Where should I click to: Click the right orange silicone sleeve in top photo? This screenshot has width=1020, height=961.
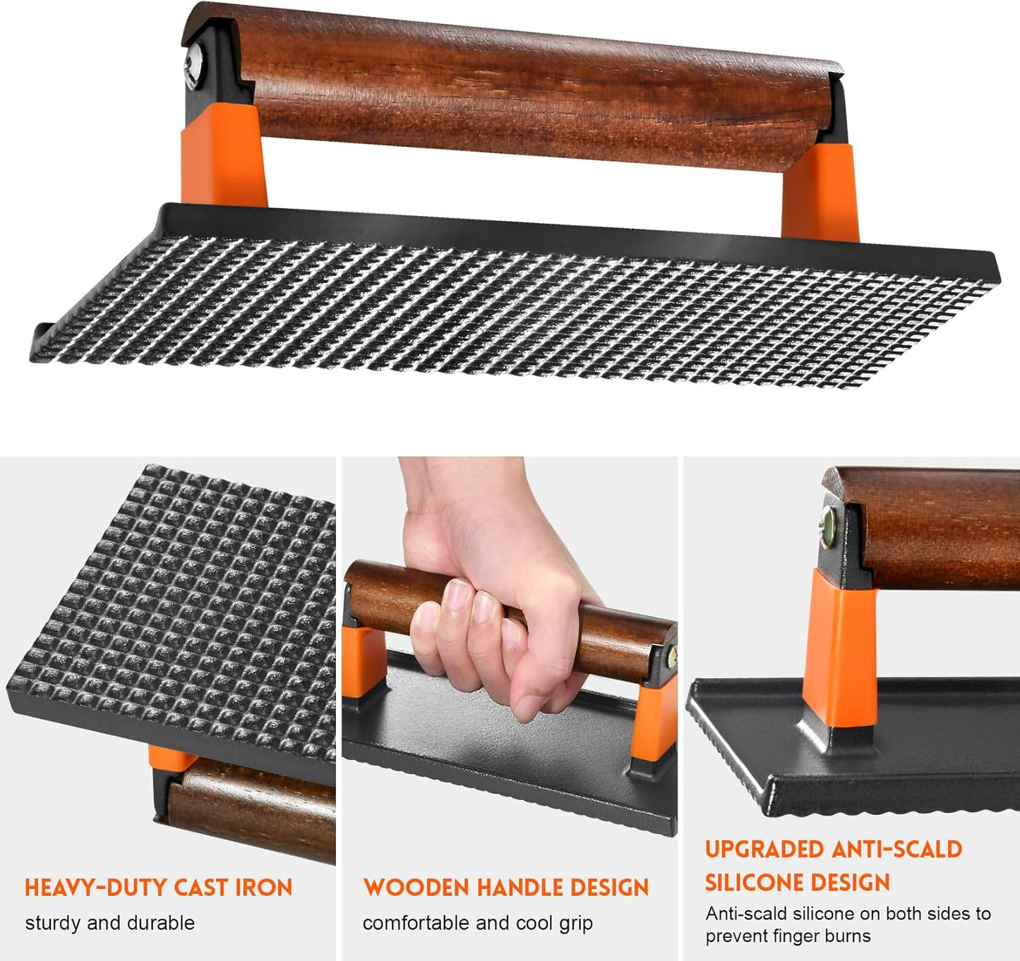click(821, 192)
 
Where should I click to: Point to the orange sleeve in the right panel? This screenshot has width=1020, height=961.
click(841, 649)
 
